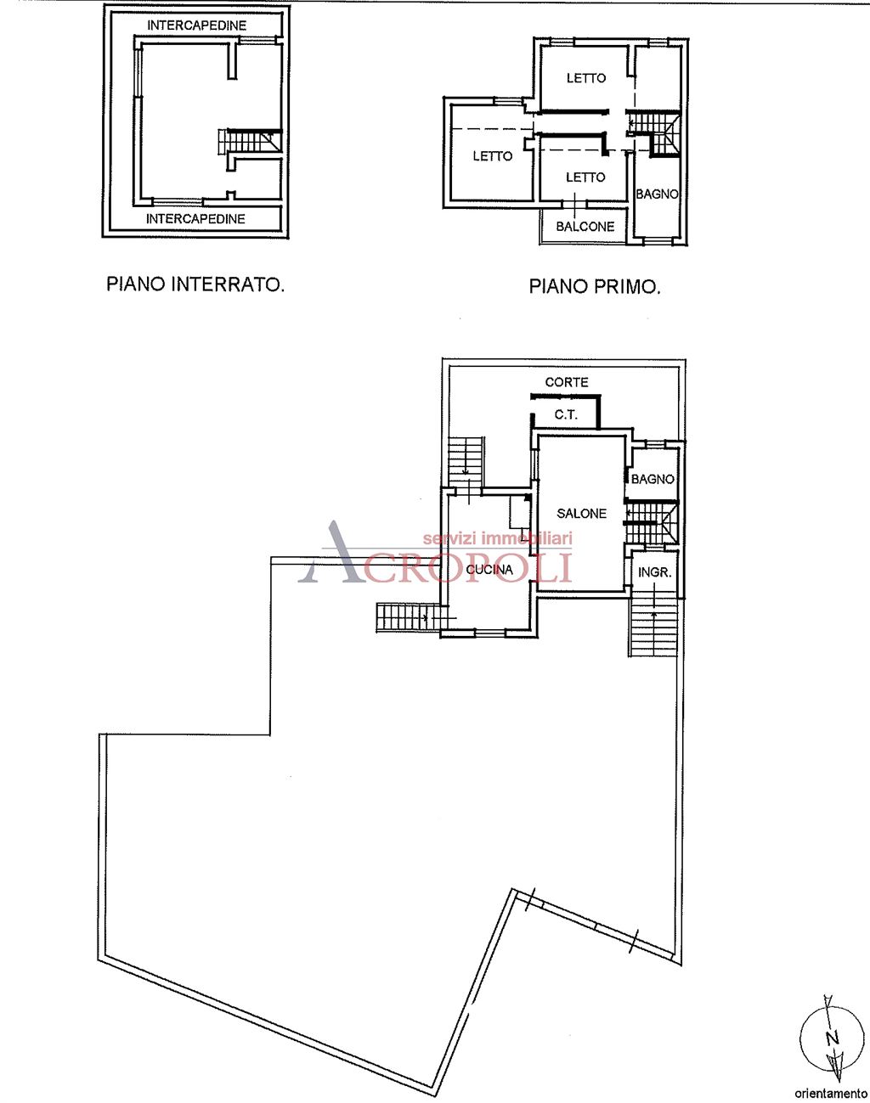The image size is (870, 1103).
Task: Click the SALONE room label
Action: (581, 514)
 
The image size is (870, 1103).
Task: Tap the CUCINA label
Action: (489, 570)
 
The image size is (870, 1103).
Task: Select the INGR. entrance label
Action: (654, 573)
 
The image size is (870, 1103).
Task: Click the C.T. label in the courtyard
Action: (566, 415)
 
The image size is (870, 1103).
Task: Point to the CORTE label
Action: (567, 383)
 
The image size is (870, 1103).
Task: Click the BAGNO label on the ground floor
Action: (652, 480)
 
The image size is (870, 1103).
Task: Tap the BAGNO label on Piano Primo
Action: (658, 194)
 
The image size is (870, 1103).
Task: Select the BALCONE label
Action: (585, 227)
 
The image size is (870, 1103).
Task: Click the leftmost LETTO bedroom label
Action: (493, 156)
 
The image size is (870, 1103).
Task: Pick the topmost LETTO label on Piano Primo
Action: (586, 78)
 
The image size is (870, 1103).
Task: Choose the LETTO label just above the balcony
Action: (585, 177)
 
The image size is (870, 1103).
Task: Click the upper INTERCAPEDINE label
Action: (196, 25)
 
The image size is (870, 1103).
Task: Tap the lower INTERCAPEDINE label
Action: (195, 219)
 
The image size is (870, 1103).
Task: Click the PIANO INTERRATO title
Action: (195, 284)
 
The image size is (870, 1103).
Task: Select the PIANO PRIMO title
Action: (595, 287)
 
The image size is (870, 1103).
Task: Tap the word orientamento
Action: (830, 1093)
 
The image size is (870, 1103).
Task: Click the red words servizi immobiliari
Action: (498, 538)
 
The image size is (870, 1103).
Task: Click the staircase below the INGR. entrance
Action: (653, 626)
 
